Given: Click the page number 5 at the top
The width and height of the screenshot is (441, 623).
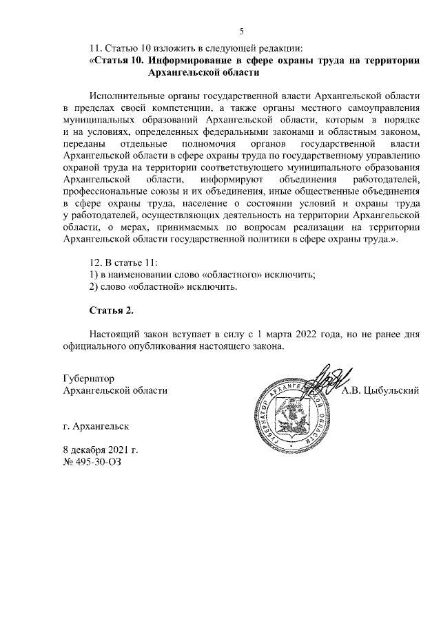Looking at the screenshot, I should (241, 31).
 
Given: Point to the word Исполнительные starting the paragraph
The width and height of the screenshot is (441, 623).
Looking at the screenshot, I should (127, 96).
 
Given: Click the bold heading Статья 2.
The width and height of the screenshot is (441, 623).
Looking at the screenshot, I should (111, 311).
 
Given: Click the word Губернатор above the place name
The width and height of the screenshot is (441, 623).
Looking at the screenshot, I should (88, 379).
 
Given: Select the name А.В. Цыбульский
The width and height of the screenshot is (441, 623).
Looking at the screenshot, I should (381, 390).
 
